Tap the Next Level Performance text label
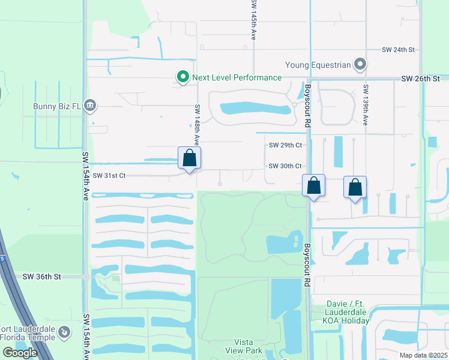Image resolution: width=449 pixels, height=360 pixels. coord(237,77)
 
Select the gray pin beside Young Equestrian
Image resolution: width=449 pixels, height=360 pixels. coord(360,63)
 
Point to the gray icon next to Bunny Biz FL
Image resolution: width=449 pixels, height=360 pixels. coord(90,106)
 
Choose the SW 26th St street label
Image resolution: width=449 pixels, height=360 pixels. coord(420,79)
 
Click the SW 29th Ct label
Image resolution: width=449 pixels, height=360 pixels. coord(285,145)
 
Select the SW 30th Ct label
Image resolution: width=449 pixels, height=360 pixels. coord(285,166)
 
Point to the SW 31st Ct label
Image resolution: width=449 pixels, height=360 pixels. coord(109,176)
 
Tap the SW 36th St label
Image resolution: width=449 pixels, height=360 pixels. coord(42,277)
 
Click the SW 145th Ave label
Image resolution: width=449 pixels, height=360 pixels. coord(254,20)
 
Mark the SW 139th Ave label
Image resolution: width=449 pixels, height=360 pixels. coord(365,104)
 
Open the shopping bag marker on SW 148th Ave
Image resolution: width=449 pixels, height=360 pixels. coord(189,158)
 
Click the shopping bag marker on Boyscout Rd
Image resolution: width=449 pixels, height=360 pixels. coord(313,186)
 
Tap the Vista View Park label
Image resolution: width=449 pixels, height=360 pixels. coord(244,346)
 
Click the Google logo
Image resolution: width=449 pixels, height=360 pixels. coord(20,353)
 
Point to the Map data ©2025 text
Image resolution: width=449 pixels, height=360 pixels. coord(423,355)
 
